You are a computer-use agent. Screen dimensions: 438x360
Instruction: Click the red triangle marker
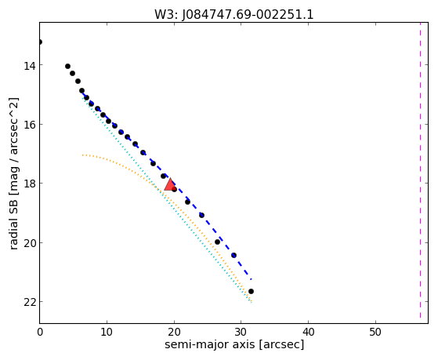pyautogui.click(x=170, y=184)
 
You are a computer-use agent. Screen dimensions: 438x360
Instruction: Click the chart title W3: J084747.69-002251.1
pyautogui.click(x=234, y=15)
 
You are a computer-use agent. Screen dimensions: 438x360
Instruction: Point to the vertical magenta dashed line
pyautogui.click(x=420, y=170)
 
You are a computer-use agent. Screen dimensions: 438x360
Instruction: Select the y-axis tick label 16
pyautogui.click(x=30, y=125)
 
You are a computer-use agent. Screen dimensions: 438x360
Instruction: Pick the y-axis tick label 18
pyautogui.click(x=30, y=184)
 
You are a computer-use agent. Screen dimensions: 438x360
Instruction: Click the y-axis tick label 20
pyautogui.click(x=30, y=244)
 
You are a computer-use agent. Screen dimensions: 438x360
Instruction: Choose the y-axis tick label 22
pyautogui.click(x=30, y=303)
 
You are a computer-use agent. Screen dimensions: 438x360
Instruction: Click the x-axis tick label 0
pyautogui.click(x=40, y=333)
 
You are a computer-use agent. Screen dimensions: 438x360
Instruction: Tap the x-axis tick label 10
pyautogui.click(x=107, y=333)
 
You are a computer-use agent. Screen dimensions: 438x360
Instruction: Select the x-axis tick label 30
pyautogui.click(x=241, y=333)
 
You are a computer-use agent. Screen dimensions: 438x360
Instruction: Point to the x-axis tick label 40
pyautogui.click(x=308, y=333)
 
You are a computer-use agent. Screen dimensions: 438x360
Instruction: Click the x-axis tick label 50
pyautogui.click(x=375, y=333)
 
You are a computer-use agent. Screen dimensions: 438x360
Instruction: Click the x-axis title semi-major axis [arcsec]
pyautogui.click(x=234, y=344)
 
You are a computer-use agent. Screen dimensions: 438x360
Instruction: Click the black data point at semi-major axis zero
pyautogui.click(x=40, y=42)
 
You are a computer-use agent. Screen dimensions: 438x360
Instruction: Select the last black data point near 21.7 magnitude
pyautogui.click(x=251, y=292)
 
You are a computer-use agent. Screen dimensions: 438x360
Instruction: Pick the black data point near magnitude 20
pyautogui.click(x=217, y=242)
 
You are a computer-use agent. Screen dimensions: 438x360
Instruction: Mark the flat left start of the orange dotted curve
pyautogui.click(x=83, y=155)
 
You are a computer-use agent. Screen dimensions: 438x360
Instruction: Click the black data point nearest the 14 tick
pyautogui.click(x=67, y=67)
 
